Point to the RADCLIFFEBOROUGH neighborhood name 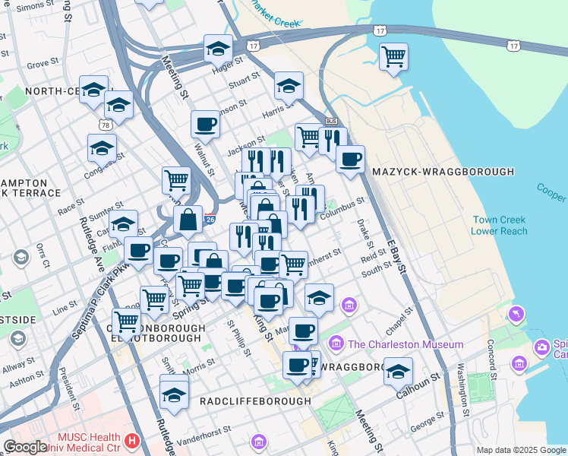[255, 401]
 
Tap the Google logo [25, 447]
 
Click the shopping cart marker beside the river [393, 55]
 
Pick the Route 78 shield [105, 123]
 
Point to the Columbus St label [342, 205]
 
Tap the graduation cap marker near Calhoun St [398, 372]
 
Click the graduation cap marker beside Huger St [218, 49]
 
